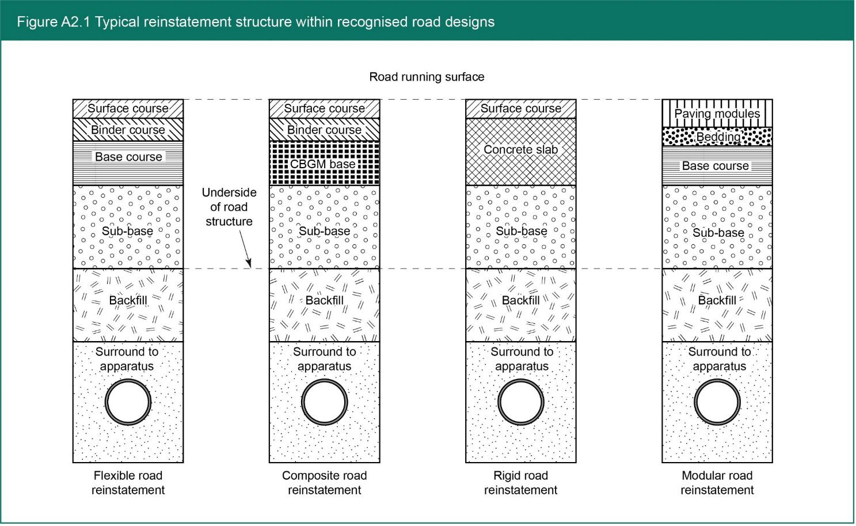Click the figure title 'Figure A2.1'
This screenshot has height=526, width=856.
(53, 22)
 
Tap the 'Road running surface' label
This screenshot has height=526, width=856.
(427, 77)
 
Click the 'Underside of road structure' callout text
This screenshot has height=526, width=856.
(229, 207)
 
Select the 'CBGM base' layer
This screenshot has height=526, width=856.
(324, 164)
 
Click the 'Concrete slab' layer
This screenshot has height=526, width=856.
(520, 150)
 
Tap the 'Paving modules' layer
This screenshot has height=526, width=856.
(717, 113)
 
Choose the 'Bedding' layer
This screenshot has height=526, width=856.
(717, 137)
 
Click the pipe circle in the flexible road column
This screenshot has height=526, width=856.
(128, 402)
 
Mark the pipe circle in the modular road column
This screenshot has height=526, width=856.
(717, 402)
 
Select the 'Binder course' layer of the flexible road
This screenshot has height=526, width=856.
(128, 130)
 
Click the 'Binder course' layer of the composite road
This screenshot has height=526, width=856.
(324, 130)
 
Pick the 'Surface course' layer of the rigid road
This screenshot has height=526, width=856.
(520, 108)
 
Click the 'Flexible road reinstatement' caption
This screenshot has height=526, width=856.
(128, 483)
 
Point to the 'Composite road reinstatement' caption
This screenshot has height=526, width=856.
(324, 483)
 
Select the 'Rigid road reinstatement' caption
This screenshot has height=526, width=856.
(520, 483)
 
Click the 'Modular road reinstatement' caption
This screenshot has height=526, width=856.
(717, 483)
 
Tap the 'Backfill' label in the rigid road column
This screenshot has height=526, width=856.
(520, 300)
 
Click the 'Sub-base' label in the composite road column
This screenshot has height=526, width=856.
(324, 231)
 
